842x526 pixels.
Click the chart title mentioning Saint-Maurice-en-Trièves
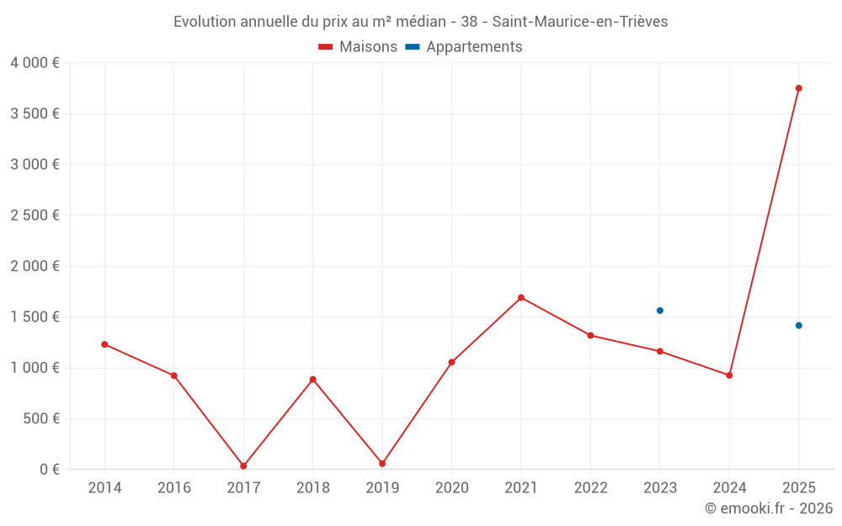420,22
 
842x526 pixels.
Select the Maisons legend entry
358,47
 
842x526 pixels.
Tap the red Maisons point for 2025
799,88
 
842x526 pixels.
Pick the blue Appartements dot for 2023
660,311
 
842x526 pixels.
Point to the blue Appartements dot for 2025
799,326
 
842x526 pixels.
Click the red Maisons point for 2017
243,466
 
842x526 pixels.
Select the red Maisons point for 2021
521,298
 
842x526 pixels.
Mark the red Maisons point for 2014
104,344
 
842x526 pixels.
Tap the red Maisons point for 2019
382,464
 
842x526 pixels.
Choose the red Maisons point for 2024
729,375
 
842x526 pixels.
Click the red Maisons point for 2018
312,380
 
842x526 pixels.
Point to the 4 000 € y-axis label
35,63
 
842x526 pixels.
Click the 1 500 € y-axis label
35,317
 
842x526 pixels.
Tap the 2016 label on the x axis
174,488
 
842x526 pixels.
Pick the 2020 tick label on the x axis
451,488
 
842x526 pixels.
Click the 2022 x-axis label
590,488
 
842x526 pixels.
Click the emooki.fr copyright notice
769,508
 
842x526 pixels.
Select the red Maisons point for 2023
660,351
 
